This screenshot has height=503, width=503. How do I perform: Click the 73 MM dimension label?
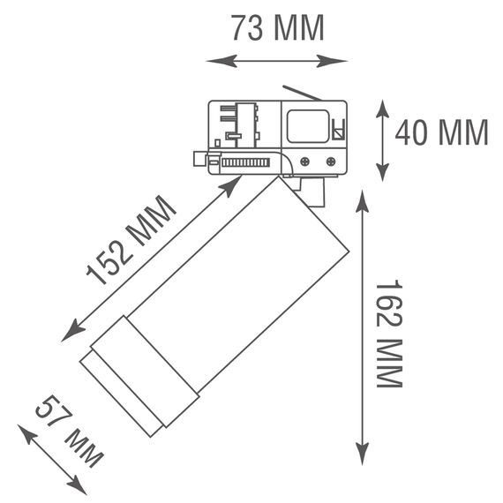(278, 28)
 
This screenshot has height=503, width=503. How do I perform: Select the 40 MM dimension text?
(442, 131)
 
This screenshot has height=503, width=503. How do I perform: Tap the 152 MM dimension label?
(131, 240)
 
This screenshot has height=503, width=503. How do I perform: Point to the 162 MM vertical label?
(389, 334)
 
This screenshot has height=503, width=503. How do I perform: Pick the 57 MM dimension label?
(70, 431)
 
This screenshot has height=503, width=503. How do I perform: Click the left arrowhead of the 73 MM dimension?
(221, 61)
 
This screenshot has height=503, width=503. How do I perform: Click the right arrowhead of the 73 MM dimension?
(332, 61)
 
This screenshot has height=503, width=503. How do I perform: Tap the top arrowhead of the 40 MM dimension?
(382, 109)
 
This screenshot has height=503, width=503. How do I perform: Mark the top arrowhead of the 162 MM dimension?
(362, 201)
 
